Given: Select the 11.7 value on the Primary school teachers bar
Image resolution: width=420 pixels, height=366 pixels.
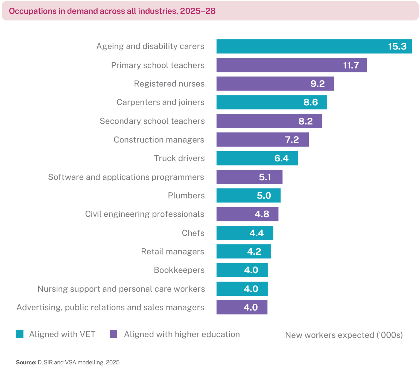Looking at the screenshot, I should click(351, 65).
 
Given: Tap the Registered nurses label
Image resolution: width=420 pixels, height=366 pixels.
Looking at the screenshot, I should click(169, 84).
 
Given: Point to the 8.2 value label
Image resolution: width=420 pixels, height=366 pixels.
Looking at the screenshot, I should click(305, 121).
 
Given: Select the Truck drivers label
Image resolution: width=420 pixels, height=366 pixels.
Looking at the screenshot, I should click(179, 158).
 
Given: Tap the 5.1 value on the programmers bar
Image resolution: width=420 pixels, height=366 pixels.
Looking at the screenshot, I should click(265, 177).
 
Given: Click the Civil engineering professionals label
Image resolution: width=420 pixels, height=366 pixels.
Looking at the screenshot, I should click(144, 214).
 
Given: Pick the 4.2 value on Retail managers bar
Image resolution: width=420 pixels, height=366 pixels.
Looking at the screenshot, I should click(254, 252).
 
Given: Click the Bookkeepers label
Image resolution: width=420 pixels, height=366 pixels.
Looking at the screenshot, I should click(179, 270).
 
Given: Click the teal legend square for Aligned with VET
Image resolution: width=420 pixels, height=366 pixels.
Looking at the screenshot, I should click(20, 334).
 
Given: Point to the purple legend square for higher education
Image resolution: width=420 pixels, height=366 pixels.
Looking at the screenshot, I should click(113, 334).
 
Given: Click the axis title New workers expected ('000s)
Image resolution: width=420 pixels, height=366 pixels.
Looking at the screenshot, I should click(344, 335).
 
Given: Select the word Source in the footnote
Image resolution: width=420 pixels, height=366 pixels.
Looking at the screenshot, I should click(26, 362).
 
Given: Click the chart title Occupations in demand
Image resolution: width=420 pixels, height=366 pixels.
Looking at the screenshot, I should click(112, 11).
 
